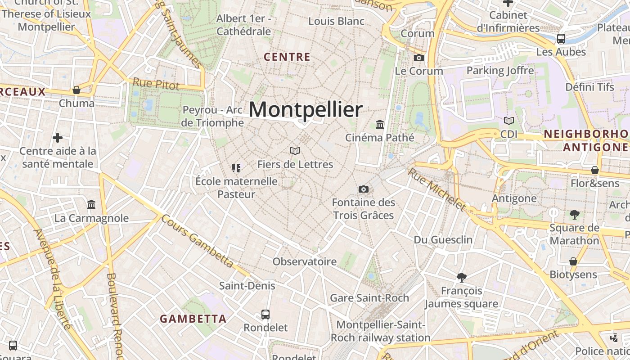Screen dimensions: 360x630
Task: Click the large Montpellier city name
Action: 306,110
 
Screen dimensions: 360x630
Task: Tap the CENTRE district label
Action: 287,57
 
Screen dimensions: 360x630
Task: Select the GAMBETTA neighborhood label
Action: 193,319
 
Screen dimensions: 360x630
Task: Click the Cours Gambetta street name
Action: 197,241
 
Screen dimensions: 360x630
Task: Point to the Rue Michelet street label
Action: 436,189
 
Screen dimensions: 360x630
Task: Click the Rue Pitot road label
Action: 156,84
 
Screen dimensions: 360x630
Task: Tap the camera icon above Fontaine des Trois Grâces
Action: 364,189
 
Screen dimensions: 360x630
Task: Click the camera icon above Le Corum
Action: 419,58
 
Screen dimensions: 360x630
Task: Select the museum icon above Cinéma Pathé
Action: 380,124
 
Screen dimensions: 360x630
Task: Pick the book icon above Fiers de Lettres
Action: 295,151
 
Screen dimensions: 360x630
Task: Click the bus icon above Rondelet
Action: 265,314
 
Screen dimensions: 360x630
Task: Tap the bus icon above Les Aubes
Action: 561,38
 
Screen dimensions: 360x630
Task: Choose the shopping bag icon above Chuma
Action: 76,90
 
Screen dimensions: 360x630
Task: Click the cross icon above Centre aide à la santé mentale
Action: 58,138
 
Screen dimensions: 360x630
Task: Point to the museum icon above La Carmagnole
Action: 91,205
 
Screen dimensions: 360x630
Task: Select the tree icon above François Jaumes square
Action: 461,277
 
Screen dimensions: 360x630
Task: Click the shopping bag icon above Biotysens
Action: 573,261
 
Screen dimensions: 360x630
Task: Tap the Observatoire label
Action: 305,261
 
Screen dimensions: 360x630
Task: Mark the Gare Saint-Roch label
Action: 369,298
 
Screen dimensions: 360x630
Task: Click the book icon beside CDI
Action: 509,121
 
